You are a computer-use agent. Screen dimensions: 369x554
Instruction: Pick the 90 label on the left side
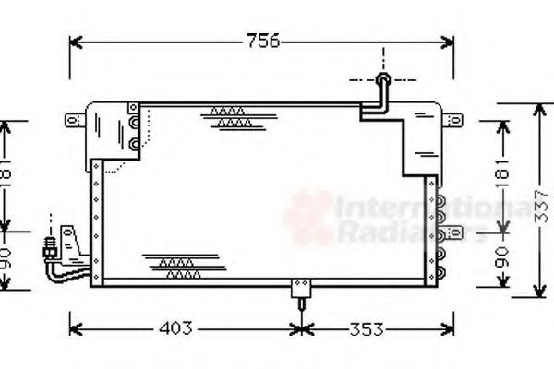[x=7, y=260]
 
